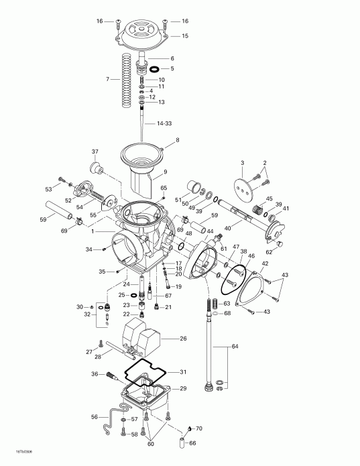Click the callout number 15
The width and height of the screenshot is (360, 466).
tap(185, 36)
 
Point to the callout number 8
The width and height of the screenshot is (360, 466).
tap(178, 140)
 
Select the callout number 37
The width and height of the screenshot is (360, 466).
tap(95, 151)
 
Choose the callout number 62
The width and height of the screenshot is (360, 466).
tap(288, 252)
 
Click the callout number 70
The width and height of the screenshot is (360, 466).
tap(198, 428)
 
